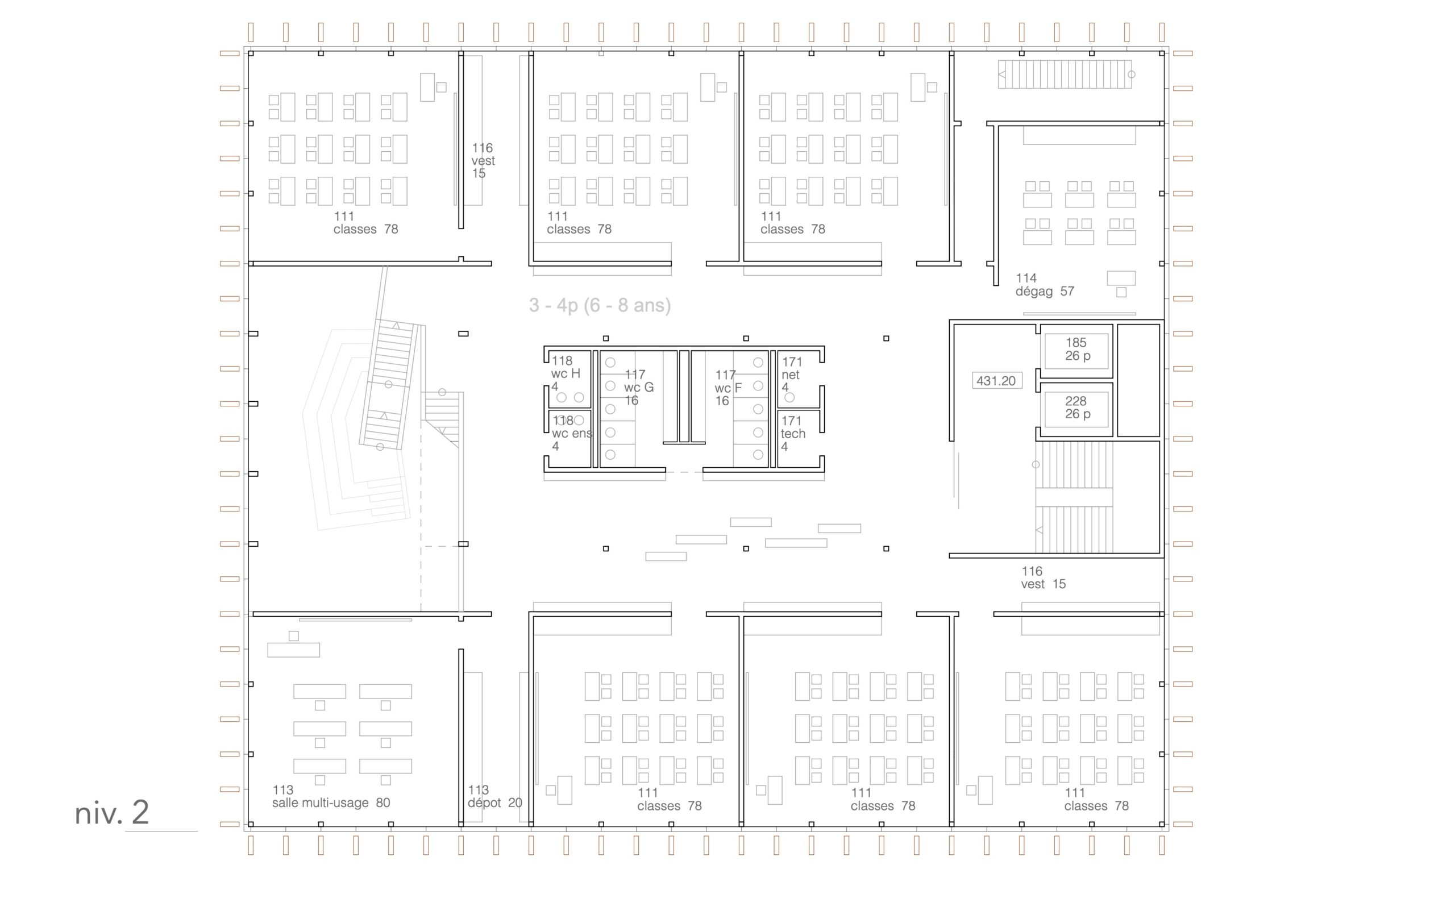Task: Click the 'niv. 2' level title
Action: (111, 813)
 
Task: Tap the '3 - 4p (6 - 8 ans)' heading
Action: (600, 305)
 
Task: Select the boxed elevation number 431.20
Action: (996, 381)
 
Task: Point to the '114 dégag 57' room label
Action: (1045, 285)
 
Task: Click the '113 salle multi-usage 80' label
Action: (331, 796)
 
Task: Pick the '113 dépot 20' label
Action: (494, 796)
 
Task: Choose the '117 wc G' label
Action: (638, 387)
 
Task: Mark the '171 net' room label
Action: (792, 374)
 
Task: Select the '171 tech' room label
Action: (793, 434)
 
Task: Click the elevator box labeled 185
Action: (1076, 351)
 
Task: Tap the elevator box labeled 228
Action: (1076, 409)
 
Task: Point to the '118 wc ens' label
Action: (572, 433)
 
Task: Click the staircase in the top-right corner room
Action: (1065, 74)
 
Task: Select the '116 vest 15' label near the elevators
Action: (1044, 577)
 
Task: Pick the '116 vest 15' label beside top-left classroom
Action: (483, 160)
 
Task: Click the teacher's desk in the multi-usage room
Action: (293, 650)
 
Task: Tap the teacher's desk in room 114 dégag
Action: (1121, 278)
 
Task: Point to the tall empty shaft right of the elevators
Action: (1138, 380)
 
